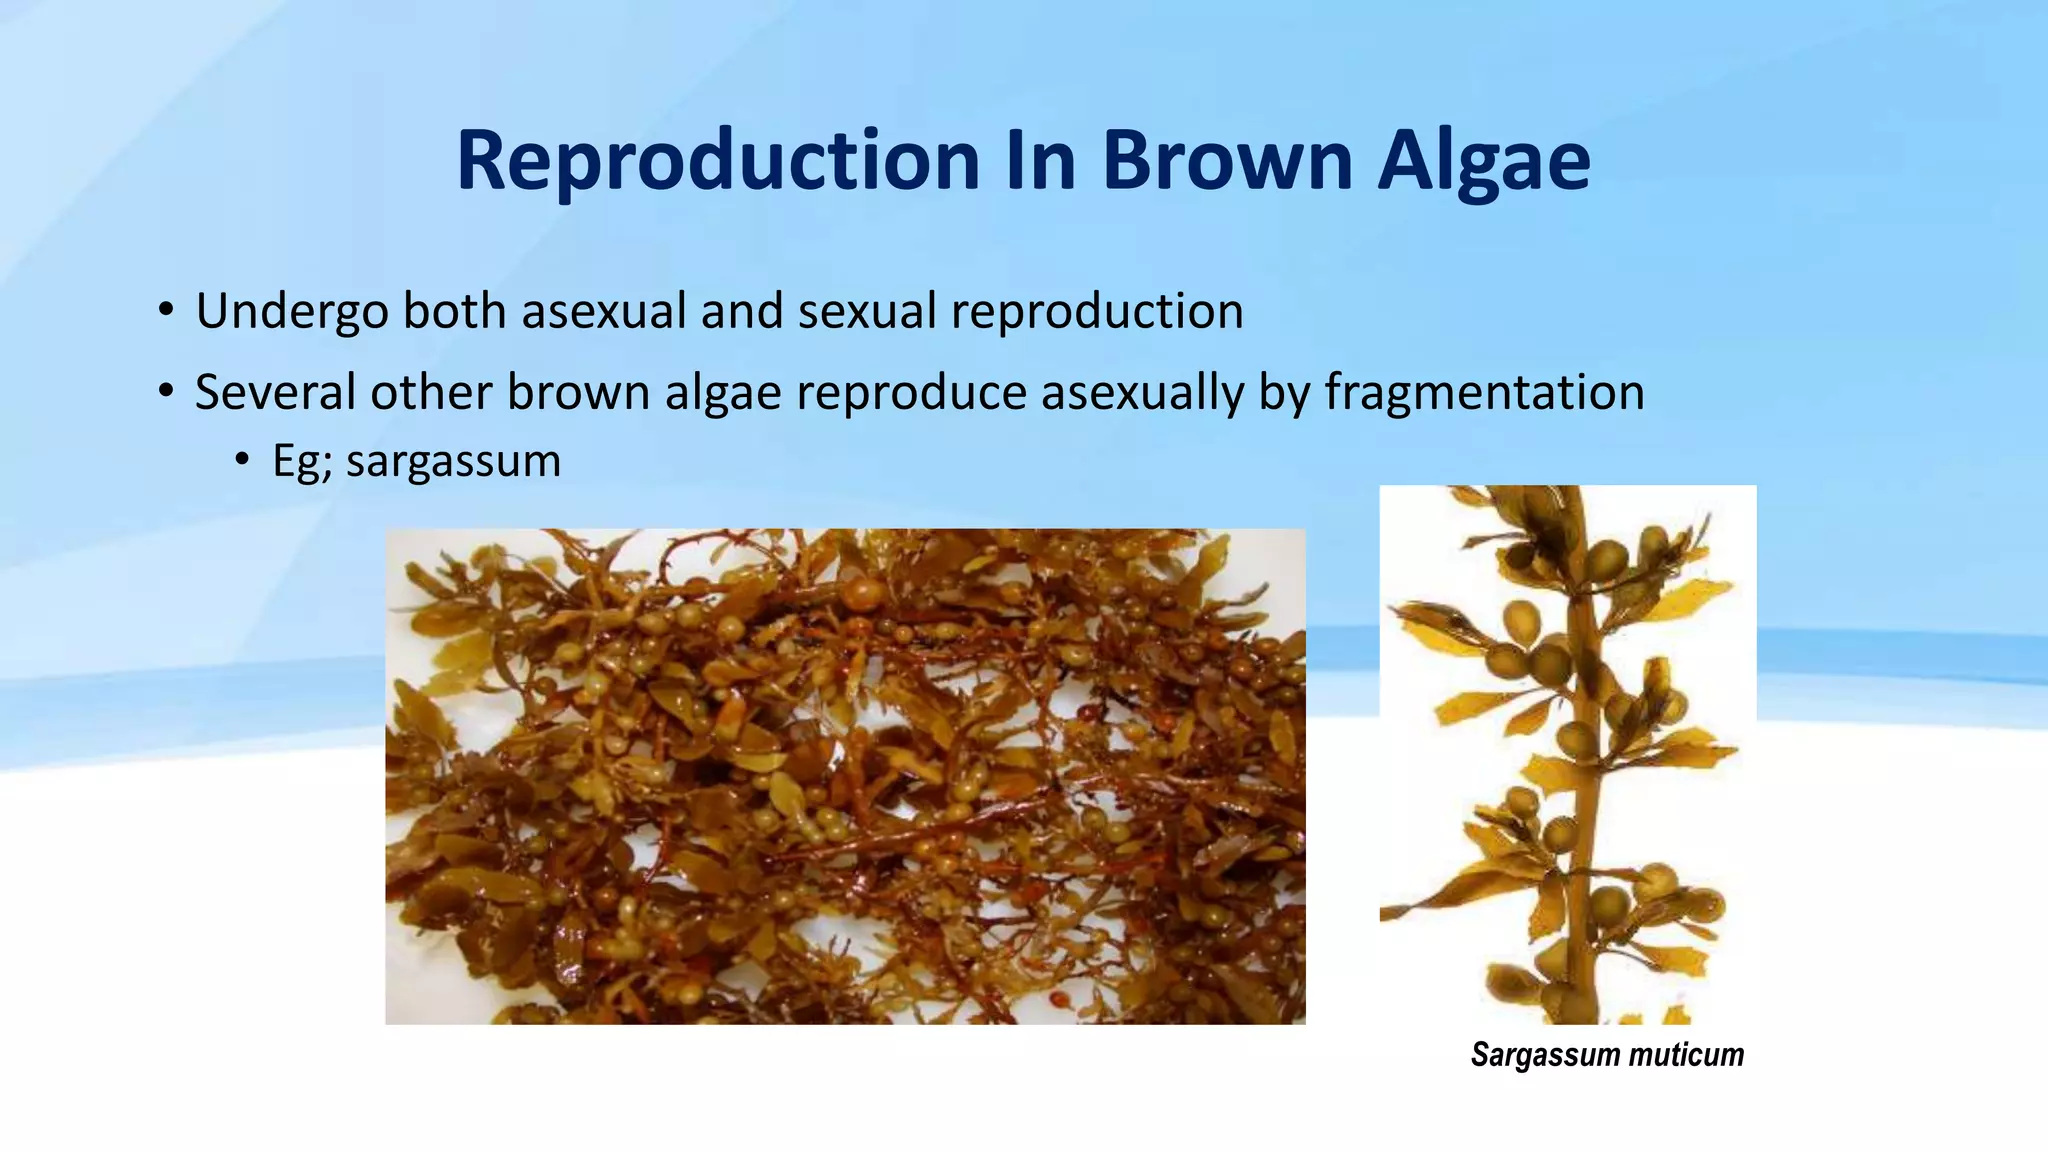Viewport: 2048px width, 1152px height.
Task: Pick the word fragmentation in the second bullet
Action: (1484, 392)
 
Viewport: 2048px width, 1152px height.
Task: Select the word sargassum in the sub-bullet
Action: (453, 462)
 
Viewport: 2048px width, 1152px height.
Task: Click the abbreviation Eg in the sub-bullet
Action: (298, 462)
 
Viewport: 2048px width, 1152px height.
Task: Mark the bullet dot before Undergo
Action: (166, 309)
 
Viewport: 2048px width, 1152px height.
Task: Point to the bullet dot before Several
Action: (166, 390)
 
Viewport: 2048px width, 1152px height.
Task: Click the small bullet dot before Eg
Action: (241, 460)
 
